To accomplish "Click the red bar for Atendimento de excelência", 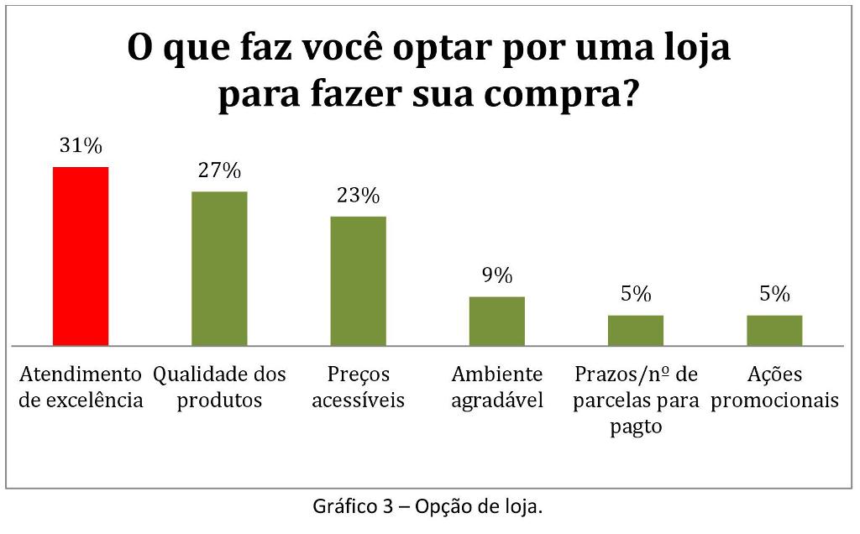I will [x=81, y=256].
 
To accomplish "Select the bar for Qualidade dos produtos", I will [x=219, y=269].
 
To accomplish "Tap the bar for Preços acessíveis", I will [x=359, y=281].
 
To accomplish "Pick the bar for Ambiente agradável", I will [x=497, y=321].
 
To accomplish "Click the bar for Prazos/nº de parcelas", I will [x=636, y=330].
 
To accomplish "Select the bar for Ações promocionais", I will [x=774, y=330].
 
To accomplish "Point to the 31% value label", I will [x=81, y=146].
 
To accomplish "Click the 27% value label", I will [x=219, y=170].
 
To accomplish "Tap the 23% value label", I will [x=359, y=196].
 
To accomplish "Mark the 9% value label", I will [x=497, y=275].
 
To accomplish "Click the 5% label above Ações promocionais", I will [x=774, y=294].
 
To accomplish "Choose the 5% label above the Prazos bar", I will [x=636, y=294].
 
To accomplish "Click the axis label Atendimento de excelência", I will [x=81, y=387].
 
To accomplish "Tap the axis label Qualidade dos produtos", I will [x=219, y=387].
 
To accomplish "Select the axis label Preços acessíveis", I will [x=359, y=387].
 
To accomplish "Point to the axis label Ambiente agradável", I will [x=497, y=387].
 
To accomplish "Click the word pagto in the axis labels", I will [x=636, y=427].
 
